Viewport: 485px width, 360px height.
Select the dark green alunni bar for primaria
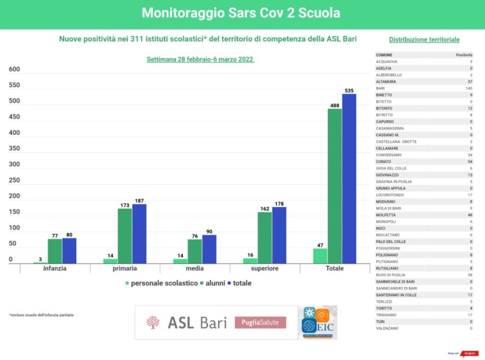coord(125,236)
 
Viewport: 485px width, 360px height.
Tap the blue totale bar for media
coord(209,249)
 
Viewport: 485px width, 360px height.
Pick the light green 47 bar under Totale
coord(320,255)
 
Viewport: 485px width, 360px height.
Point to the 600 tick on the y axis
coord(14,70)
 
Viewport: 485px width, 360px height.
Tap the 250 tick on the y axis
coord(14,180)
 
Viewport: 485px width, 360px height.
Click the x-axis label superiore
coord(265,269)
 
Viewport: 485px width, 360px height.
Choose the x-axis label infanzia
coord(55,269)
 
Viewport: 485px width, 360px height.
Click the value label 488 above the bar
coord(334,105)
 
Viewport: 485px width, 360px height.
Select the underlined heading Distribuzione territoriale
coord(424,40)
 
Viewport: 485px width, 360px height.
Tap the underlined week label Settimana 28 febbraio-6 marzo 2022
coord(200,59)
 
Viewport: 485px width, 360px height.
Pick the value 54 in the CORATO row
coord(469,162)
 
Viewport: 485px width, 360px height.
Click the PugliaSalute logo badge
coord(260,322)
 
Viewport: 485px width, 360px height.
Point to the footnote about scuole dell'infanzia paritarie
coord(41,315)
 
